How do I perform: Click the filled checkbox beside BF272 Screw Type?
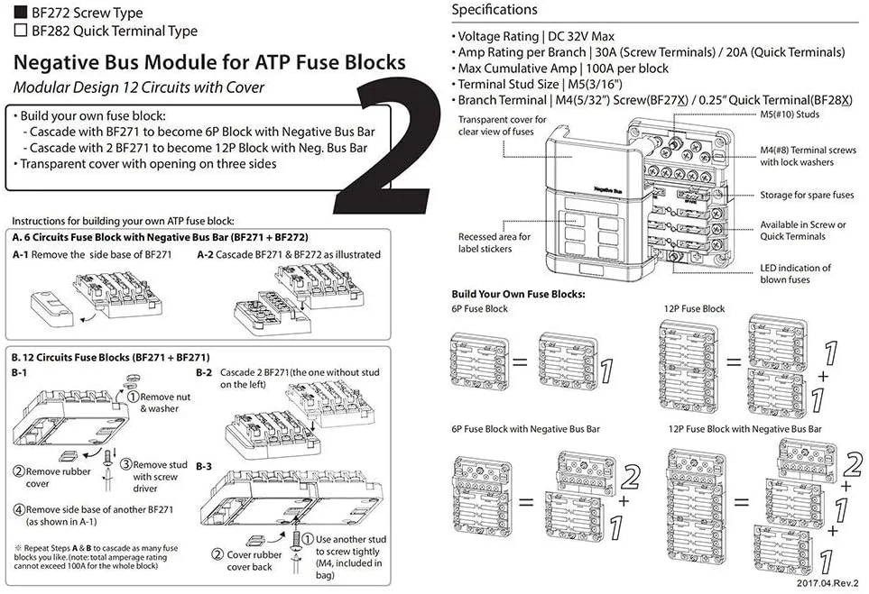click(x=20, y=12)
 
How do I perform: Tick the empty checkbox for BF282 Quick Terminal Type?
click(x=20, y=31)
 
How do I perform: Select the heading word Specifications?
click(x=494, y=10)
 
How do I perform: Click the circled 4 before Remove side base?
click(x=18, y=509)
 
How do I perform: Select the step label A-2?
click(x=208, y=254)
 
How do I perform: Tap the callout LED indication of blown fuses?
click(x=795, y=273)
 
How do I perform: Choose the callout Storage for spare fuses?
click(x=806, y=195)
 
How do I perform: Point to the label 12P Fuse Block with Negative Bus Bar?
click(x=744, y=429)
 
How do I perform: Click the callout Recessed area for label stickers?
click(x=495, y=242)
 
